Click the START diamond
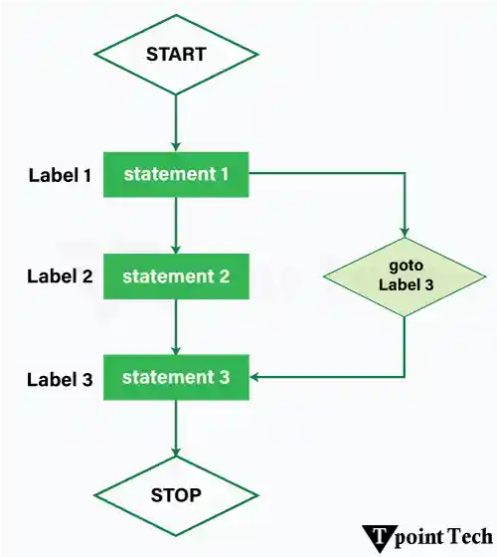pyautogui.click(x=175, y=54)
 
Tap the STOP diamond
pyautogui.click(x=175, y=494)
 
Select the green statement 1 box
pyautogui.click(x=176, y=175)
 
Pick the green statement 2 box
pyautogui.click(x=176, y=277)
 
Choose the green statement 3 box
pyautogui.click(x=176, y=378)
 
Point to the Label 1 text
pyautogui.click(x=60, y=176)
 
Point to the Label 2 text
pyautogui.click(x=60, y=278)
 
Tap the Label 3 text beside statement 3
pyautogui.click(x=60, y=379)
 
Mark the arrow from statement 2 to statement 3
pyautogui.click(x=176, y=327)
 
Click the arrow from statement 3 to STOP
pyautogui.click(x=176, y=429)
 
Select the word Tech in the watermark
pyautogui.click(x=466, y=537)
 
